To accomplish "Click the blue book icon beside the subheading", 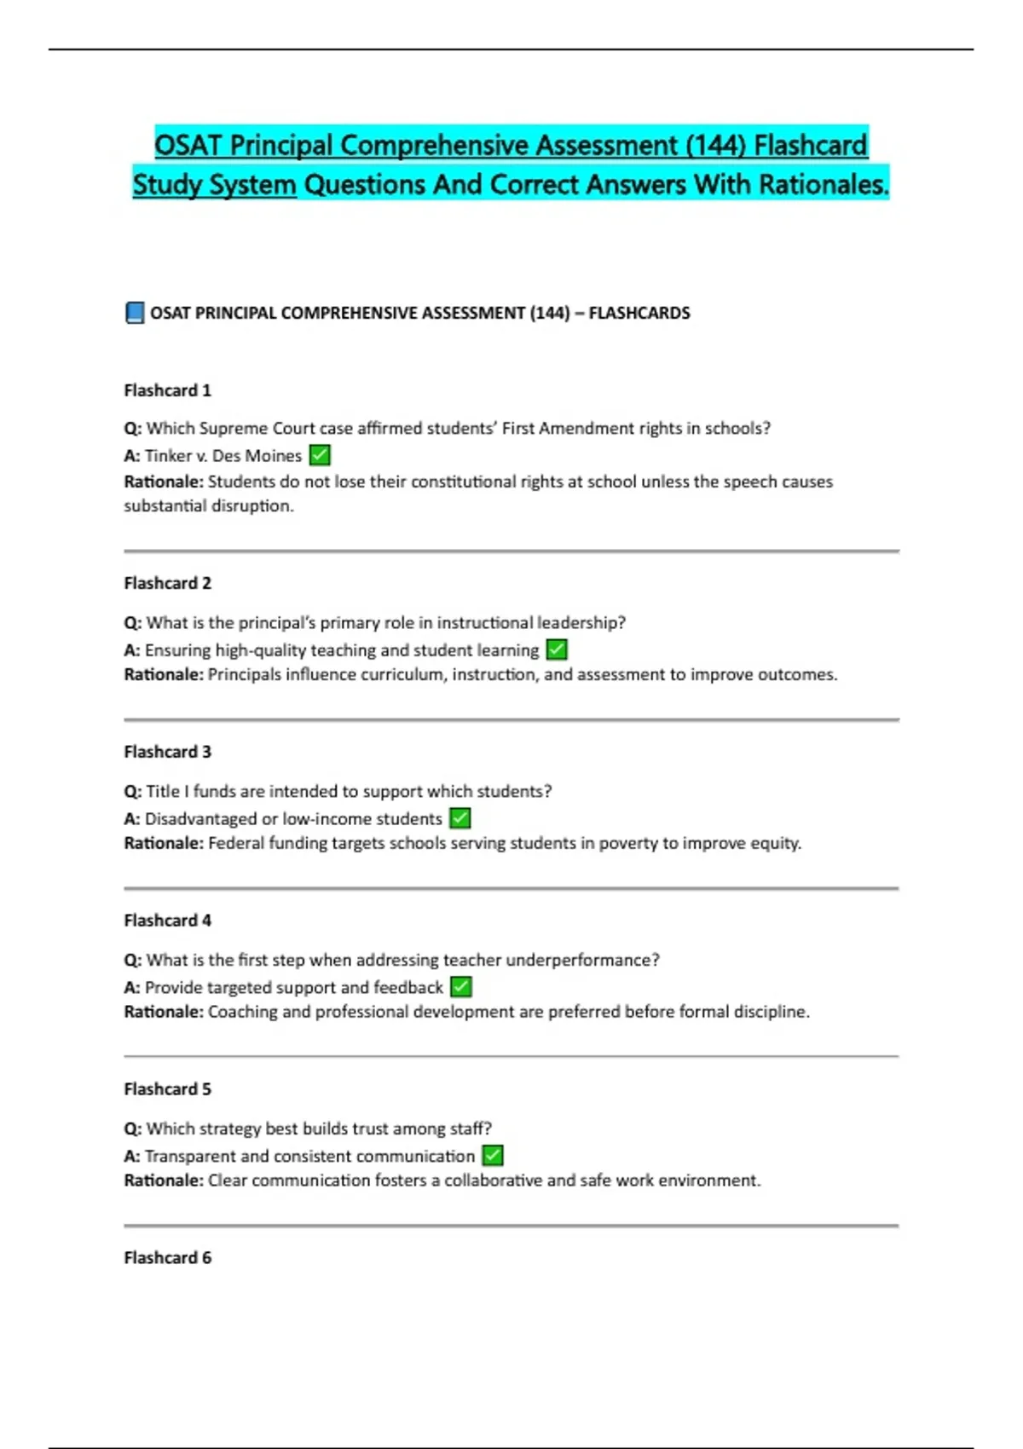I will point(134,313).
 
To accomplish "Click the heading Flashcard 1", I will point(167,390).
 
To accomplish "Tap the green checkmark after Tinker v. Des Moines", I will point(320,455).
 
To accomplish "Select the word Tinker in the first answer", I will point(168,456).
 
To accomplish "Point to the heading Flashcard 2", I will point(167,583).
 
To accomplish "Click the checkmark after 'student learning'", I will point(557,649).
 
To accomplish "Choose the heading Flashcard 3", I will point(167,752).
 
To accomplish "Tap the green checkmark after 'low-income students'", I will point(460,818).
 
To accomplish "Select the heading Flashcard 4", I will point(167,921).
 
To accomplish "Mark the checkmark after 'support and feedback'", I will point(461,987).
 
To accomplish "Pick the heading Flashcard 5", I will point(167,1089).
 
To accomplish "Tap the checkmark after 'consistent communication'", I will point(493,1156).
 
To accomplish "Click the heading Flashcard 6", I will point(167,1258).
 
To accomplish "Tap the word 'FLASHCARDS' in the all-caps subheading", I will point(639,313).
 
